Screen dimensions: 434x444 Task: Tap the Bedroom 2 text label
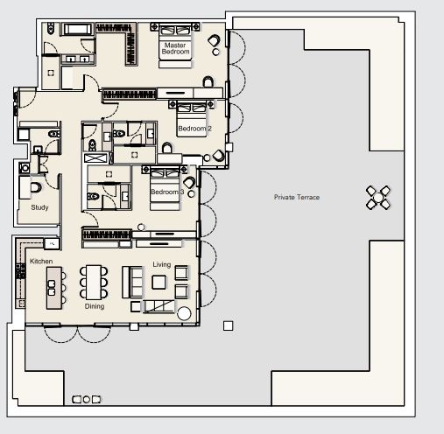pos(193,129)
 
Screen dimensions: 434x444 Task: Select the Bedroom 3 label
pos(166,192)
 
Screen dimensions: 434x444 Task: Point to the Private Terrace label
pos(296,198)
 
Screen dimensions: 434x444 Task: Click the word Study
pos(39,207)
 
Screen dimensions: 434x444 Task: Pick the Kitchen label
pos(41,262)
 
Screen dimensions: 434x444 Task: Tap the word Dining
pos(95,307)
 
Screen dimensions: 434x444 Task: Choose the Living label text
pos(162,264)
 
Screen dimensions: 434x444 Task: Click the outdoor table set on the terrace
pos(378,198)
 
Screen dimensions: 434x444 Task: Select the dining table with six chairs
pos(93,283)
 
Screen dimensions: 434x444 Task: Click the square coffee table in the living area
pos(159,282)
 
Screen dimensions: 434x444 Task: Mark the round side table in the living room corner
pos(184,314)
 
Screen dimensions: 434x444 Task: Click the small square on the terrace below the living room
pos(228,326)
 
